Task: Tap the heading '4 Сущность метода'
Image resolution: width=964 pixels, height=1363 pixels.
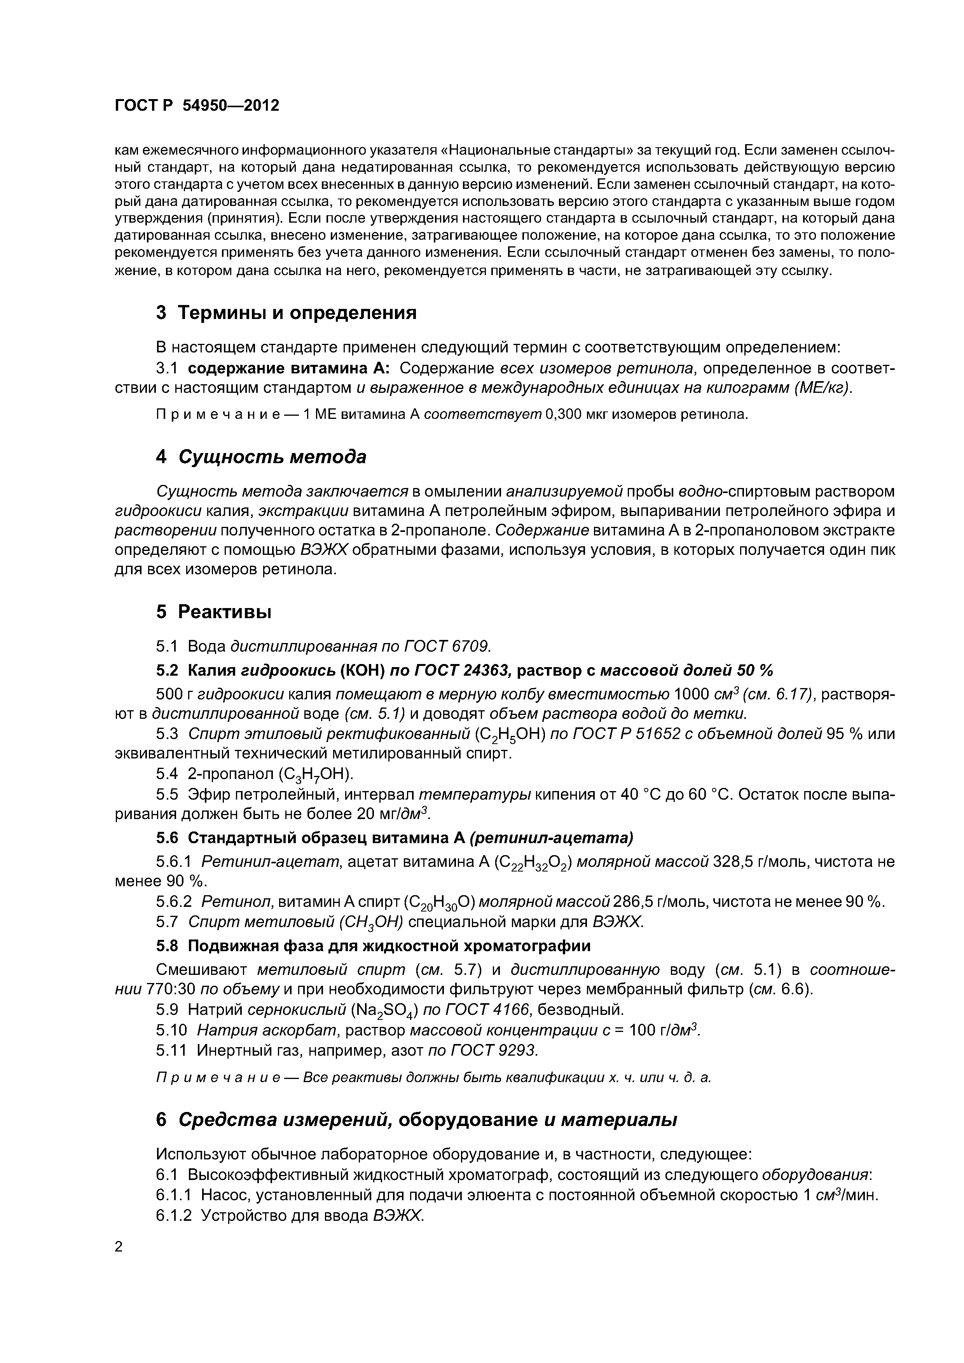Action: coord(261,457)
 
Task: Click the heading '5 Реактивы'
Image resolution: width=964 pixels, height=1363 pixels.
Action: coord(213,612)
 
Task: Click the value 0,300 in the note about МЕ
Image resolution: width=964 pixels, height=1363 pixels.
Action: coord(561,414)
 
